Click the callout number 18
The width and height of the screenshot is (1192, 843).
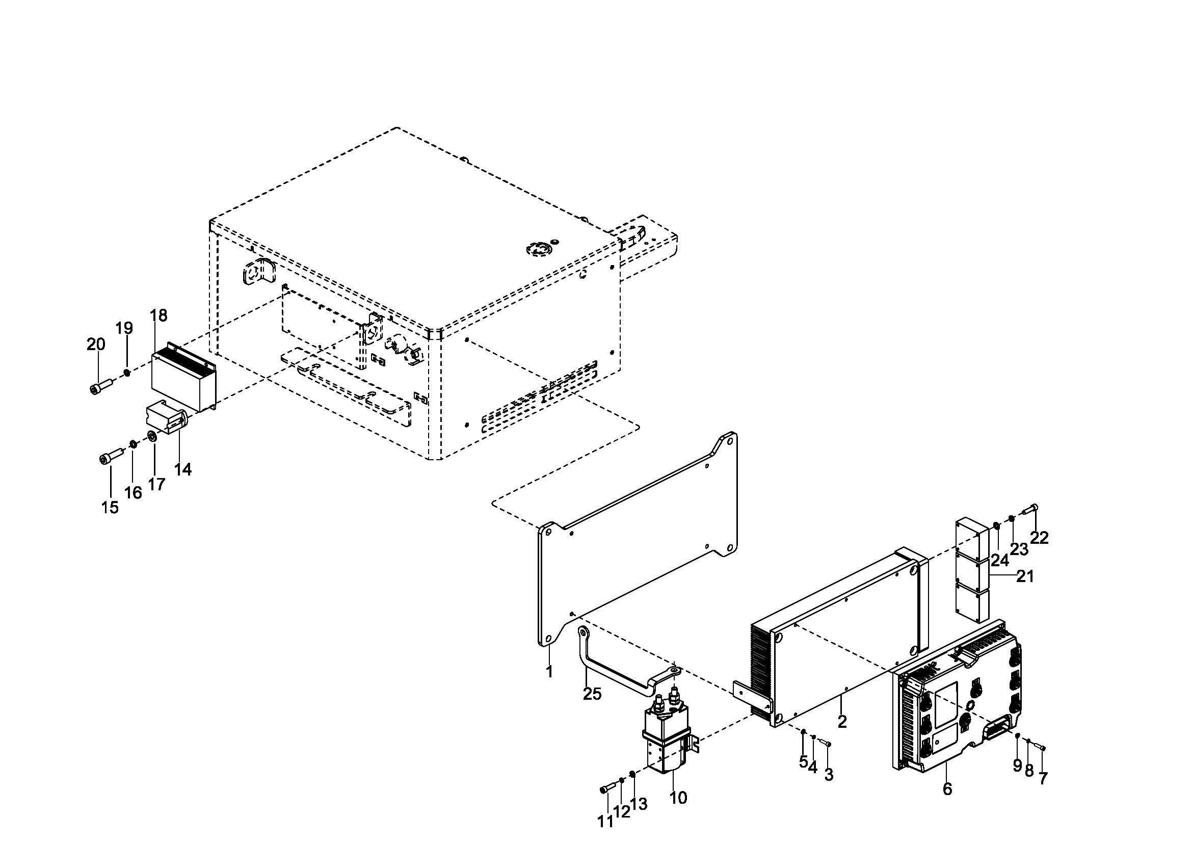pyautogui.click(x=159, y=315)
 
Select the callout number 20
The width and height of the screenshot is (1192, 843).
pyautogui.click(x=95, y=344)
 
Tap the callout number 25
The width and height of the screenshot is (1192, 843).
pyautogui.click(x=592, y=694)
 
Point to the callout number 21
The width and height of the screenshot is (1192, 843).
pyautogui.click(x=1025, y=576)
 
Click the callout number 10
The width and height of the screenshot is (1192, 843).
pyautogui.click(x=678, y=798)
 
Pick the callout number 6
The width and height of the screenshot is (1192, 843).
pyautogui.click(x=947, y=789)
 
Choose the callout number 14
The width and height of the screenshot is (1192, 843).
pyautogui.click(x=183, y=469)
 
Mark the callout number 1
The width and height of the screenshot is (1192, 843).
pyautogui.click(x=549, y=672)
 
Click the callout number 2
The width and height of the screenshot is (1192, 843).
pyautogui.click(x=842, y=722)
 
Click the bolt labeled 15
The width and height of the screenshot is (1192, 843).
pyautogui.click(x=111, y=457)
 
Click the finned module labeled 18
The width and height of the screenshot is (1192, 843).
pyautogui.click(x=183, y=379)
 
